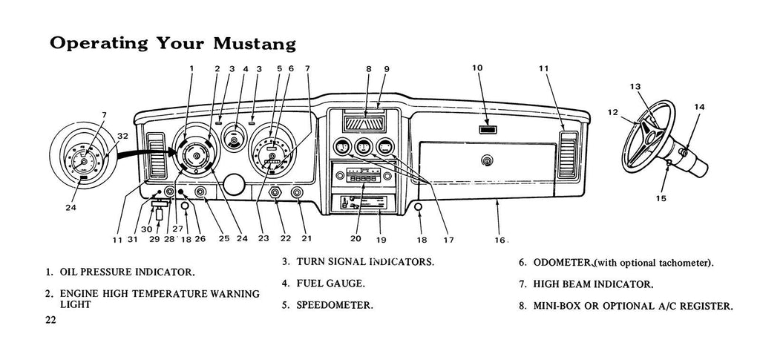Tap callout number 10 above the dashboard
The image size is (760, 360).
477,68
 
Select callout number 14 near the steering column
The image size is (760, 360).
699,107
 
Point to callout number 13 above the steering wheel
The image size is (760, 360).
635,87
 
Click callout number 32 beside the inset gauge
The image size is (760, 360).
122,136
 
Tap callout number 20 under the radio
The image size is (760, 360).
356,239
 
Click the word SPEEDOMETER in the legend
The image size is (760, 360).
334,304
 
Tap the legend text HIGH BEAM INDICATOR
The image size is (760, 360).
594,284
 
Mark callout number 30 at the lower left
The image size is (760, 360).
147,229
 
